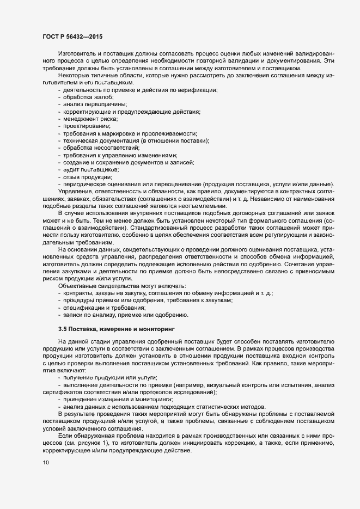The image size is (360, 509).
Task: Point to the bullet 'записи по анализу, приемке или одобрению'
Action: (126, 315)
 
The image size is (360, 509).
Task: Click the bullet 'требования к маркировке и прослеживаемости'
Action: (130, 133)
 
